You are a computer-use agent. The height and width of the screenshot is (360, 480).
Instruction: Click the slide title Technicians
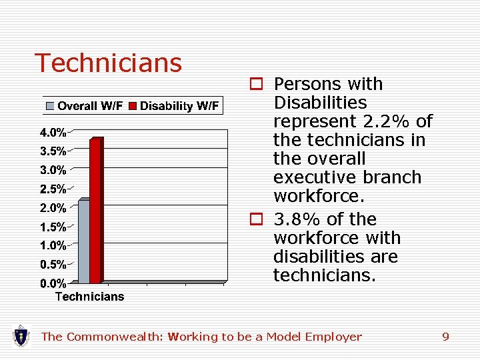click(108, 63)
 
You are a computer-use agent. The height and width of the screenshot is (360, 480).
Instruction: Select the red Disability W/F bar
click(95, 211)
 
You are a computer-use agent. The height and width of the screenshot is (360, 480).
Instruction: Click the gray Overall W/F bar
click(84, 241)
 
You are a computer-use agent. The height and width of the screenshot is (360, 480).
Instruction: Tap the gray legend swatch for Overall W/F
click(51, 106)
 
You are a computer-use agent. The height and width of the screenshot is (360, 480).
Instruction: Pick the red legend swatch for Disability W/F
click(133, 106)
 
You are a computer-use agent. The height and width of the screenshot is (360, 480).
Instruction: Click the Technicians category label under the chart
click(89, 297)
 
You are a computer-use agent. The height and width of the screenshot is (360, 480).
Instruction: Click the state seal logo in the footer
click(21, 335)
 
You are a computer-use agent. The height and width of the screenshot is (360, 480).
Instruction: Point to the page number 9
click(445, 337)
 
